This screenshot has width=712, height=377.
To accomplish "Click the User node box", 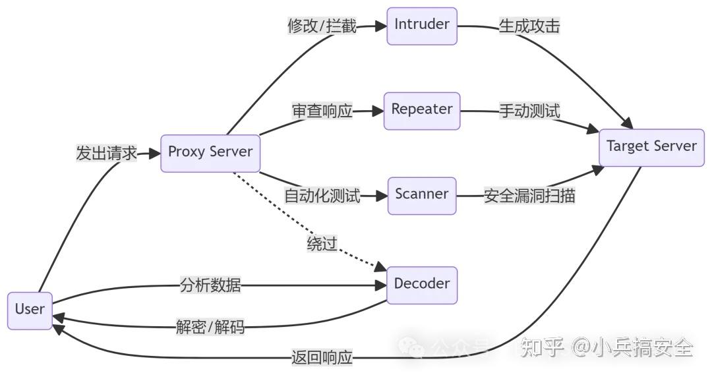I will click(x=30, y=310).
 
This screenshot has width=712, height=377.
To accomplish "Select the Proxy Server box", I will click(x=210, y=152).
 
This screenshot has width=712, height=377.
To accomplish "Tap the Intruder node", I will click(x=421, y=25).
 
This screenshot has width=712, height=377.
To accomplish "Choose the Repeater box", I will click(x=421, y=110).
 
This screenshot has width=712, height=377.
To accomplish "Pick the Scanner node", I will click(x=421, y=195).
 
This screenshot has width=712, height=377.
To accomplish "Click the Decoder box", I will click(x=421, y=285).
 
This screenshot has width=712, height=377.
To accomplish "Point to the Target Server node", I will click(x=651, y=147).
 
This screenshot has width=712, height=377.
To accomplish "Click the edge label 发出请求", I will click(x=106, y=154).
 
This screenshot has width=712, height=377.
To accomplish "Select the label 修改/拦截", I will click(x=322, y=26).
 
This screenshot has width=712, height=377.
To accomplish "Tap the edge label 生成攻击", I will click(x=529, y=26).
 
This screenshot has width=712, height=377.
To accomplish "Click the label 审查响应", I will click(x=322, y=111).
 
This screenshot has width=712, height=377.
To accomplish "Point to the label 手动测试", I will click(x=529, y=111).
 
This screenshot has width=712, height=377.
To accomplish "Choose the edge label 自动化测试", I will click(x=322, y=196).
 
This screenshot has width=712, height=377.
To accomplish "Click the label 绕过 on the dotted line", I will click(x=322, y=245).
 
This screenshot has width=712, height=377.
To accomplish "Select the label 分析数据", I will click(x=210, y=285).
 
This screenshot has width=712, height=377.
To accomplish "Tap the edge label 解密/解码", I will click(x=210, y=326).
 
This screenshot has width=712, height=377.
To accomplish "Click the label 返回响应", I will click(x=322, y=359).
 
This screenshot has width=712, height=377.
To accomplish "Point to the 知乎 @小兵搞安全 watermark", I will click(x=607, y=347).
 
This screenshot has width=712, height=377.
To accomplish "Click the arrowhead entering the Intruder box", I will click(x=381, y=26).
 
